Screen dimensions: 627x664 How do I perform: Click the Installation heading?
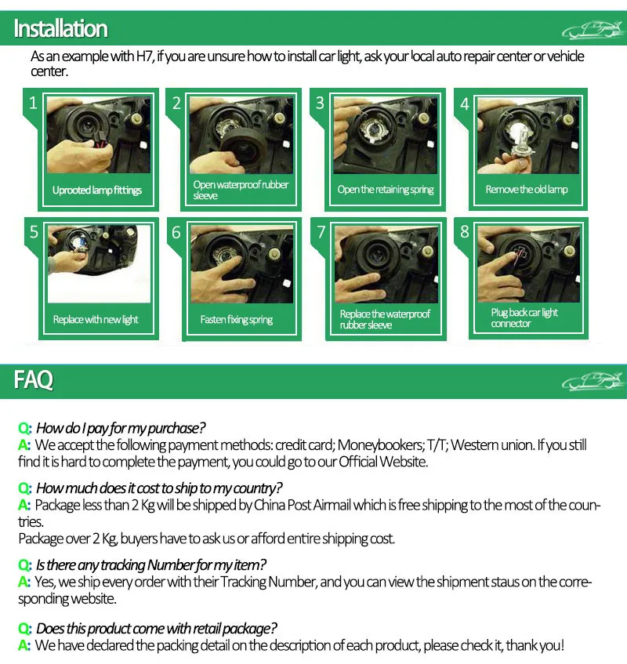pyautogui.click(x=60, y=29)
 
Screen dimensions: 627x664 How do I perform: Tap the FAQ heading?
pyautogui.click(x=34, y=379)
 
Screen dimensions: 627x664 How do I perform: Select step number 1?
pyautogui.click(x=33, y=103)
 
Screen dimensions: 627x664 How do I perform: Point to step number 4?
pyautogui.click(x=465, y=104)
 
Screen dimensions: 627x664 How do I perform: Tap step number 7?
pyautogui.click(x=321, y=232)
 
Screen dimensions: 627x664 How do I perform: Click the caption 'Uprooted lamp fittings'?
pyautogui.click(x=97, y=190)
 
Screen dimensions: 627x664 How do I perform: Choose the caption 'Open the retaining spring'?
pyautogui.click(x=386, y=189)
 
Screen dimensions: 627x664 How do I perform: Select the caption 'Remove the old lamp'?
pyautogui.click(x=526, y=189)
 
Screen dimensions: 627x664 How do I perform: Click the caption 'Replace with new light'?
pyautogui.click(x=96, y=319)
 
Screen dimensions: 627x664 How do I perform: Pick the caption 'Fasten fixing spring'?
pyautogui.click(x=236, y=319)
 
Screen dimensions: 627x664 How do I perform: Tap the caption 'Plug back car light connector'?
pyautogui.click(x=524, y=318)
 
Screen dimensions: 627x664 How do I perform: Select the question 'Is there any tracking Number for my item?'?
pyautogui.click(x=150, y=565)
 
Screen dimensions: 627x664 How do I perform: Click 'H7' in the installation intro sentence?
pyautogui.click(x=144, y=56)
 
